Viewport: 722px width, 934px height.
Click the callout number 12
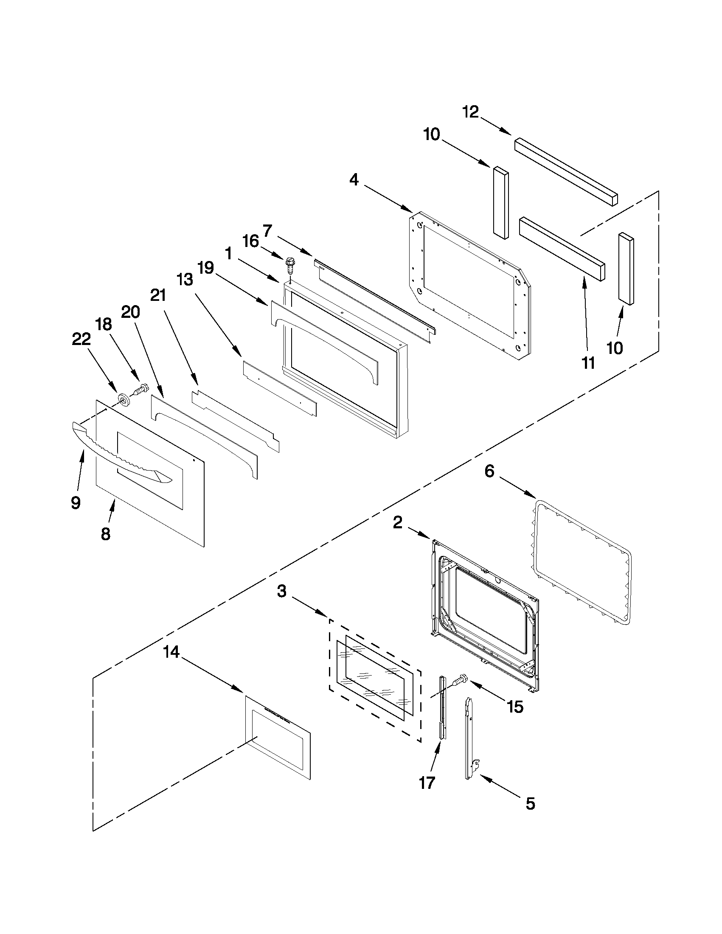tap(470, 112)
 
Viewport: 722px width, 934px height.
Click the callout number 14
tap(171, 653)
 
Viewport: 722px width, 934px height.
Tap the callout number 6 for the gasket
tap(489, 472)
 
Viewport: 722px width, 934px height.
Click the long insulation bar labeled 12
tap(566, 171)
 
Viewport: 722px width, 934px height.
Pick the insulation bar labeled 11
tap(562, 249)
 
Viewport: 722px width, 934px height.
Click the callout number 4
tap(354, 180)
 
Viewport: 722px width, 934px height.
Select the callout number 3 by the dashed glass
tap(281, 592)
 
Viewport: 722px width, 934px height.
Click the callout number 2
tap(398, 523)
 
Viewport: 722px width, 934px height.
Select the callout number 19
tap(205, 268)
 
